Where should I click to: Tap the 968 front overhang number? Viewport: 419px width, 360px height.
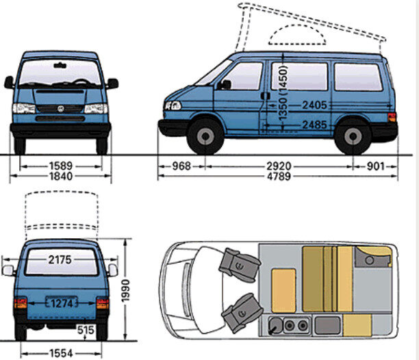click(x=181, y=165)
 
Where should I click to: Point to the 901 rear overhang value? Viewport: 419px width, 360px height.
click(x=377, y=165)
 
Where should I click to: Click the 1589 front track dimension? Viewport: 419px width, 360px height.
click(x=60, y=165)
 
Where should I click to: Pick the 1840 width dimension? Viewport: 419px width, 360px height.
click(x=60, y=177)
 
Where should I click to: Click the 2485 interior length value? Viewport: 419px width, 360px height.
click(x=314, y=125)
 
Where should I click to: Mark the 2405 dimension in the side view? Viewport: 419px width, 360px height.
click(x=314, y=105)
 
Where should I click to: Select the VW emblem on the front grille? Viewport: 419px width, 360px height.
click(x=60, y=108)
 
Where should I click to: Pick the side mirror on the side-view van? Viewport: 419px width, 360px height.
click(x=225, y=84)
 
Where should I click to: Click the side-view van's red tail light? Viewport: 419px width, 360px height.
click(x=392, y=117)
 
